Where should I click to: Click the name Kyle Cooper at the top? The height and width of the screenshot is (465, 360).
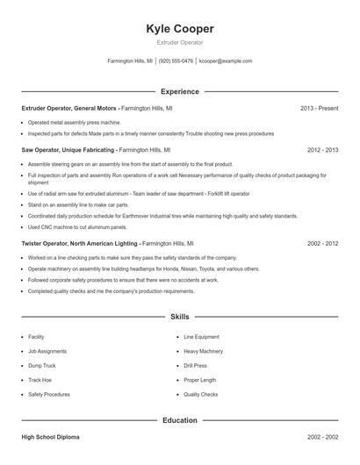pyautogui.click(x=179, y=29)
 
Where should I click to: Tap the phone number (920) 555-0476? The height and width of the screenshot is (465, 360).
pyautogui.click(x=176, y=61)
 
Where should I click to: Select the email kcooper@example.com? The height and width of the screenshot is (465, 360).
pyautogui.click(x=226, y=61)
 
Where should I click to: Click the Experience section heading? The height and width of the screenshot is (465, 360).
pyautogui.click(x=180, y=91)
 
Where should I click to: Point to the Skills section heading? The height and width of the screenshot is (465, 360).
pyautogui.click(x=180, y=316)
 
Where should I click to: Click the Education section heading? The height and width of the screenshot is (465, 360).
pyautogui.click(x=180, y=420)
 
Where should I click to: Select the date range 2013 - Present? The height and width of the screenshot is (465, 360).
pyautogui.click(x=319, y=108)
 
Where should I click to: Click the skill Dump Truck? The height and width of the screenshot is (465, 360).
pyautogui.click(x=42, y=365)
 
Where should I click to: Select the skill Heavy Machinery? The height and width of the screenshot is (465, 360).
pyautogui.click(x=203, y=351)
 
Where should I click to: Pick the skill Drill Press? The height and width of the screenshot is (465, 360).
pyautogui.click(x=196, y=365)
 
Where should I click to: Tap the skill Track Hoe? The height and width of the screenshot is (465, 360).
pyautogui.click(x=40, y=380)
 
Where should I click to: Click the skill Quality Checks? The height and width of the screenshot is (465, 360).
pyautogui.click(x=200, y=395)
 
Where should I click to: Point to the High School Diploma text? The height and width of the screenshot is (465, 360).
pyautogui.click(x=50, y=436)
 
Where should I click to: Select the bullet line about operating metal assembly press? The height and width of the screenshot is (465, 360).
pyautogui.click(x=74, y=123)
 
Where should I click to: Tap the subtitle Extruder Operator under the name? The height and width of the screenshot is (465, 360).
pyautogui.click(x=179, y=42)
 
